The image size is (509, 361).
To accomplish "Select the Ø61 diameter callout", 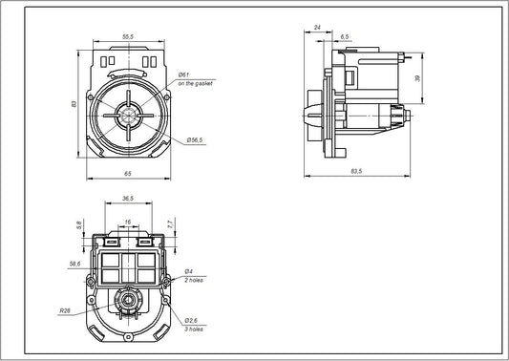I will [184, 74].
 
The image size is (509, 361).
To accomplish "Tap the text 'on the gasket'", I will [194, 84].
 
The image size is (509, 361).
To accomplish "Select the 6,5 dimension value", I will [344, 35].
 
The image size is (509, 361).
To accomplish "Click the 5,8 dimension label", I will [79, 225].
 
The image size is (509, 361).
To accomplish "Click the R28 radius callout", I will [64, 309].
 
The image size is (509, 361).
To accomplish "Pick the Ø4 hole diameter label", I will [190, 273].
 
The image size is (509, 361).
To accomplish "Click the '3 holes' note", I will [195, 328].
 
